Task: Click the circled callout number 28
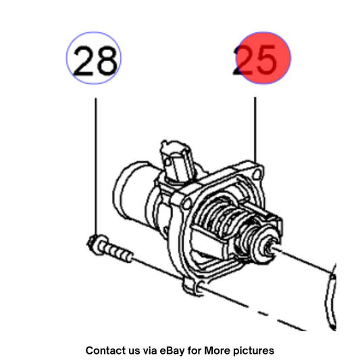94,58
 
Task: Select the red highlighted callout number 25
263,58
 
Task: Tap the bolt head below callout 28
97,245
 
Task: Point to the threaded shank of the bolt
120,253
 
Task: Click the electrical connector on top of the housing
176,161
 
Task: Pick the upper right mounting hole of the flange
257,174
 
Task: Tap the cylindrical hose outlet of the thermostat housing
133,193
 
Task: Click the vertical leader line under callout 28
96,166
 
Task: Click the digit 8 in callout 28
106,60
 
